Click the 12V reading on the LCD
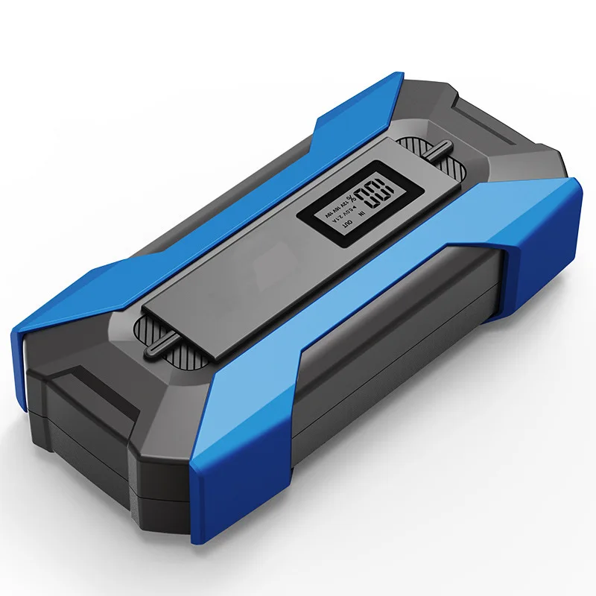[x=343, y=203]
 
